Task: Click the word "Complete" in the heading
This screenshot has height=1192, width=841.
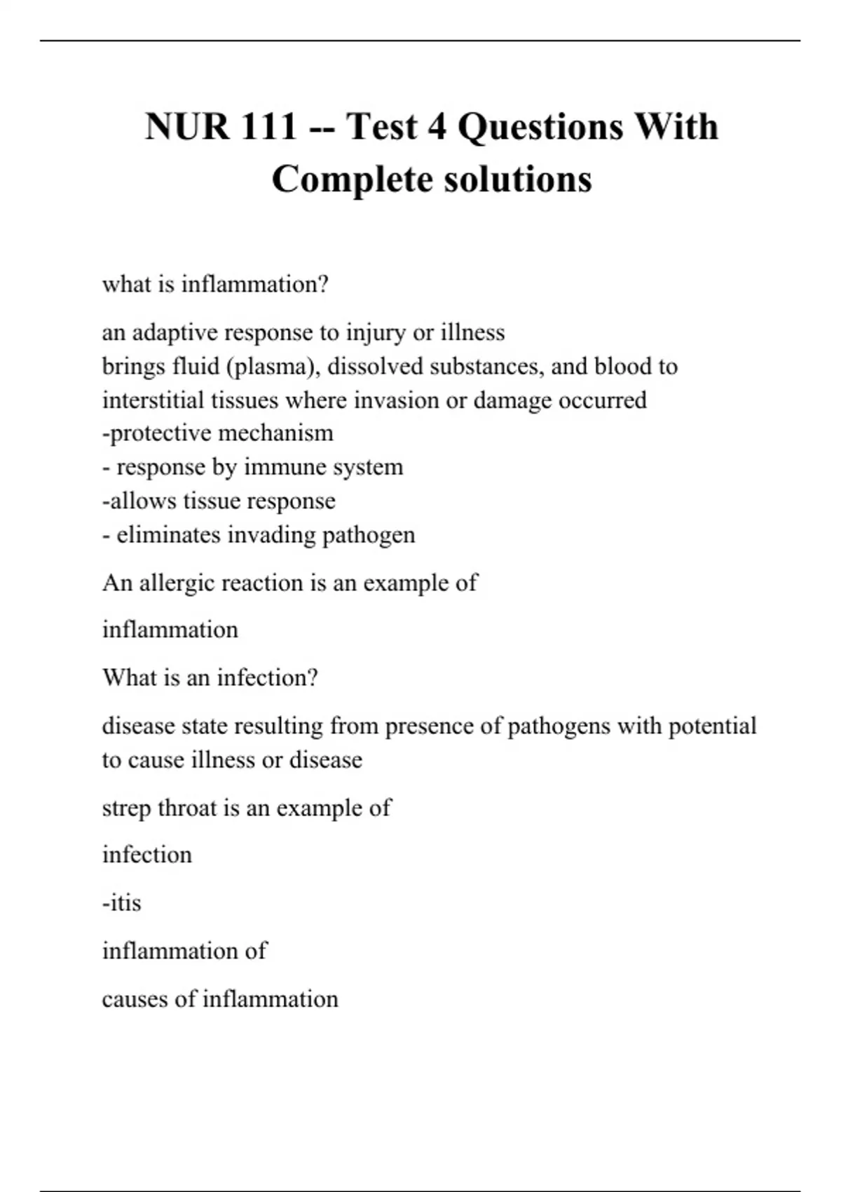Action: (353, 179)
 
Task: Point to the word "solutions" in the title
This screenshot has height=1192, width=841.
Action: (519, 179)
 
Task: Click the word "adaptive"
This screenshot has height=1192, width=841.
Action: (175, 332)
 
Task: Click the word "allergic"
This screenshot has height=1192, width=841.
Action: (177, 583)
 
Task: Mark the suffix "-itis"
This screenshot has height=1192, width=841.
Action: (122, 903)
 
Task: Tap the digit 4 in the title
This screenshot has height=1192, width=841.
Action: (437, 127)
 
